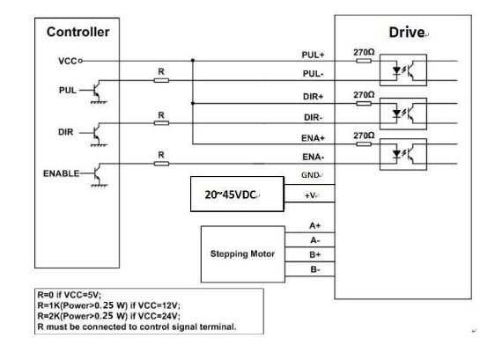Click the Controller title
78,32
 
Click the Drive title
407,33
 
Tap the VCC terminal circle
80,61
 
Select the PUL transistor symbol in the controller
98,92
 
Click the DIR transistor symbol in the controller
98,134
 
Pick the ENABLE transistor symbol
98,174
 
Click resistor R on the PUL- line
161,80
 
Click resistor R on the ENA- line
161,164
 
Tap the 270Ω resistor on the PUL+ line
364,61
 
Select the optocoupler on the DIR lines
403,114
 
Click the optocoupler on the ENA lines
403,154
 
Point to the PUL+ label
313,55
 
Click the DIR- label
314,118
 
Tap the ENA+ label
313,138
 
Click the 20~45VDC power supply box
237,194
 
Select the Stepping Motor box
243,254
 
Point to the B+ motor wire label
314,255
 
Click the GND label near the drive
310,175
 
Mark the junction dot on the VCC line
193,60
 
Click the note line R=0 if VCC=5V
69,295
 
